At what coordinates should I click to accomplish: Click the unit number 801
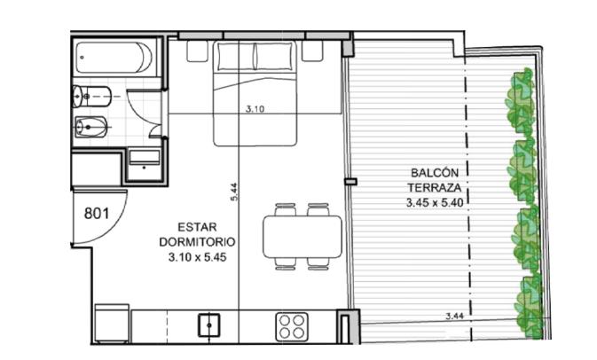97,214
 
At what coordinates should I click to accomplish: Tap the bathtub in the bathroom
114,58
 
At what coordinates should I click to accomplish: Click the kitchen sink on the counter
209,325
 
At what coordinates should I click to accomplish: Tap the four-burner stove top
292,326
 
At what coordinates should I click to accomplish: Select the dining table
302,237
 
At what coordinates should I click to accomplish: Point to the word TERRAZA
435,188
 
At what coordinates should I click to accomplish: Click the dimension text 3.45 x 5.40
435,202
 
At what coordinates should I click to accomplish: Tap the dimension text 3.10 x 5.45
197,257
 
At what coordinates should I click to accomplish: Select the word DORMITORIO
197,242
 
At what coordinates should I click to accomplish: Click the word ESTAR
197,227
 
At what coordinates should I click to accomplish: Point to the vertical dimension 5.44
234,192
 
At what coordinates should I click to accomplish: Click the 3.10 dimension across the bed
255,109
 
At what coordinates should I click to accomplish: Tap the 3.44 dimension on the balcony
454,316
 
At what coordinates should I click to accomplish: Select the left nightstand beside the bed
197,51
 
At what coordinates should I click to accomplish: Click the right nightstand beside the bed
312,51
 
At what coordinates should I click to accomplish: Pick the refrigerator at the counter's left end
112,323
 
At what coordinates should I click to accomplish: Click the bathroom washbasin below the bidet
145,164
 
